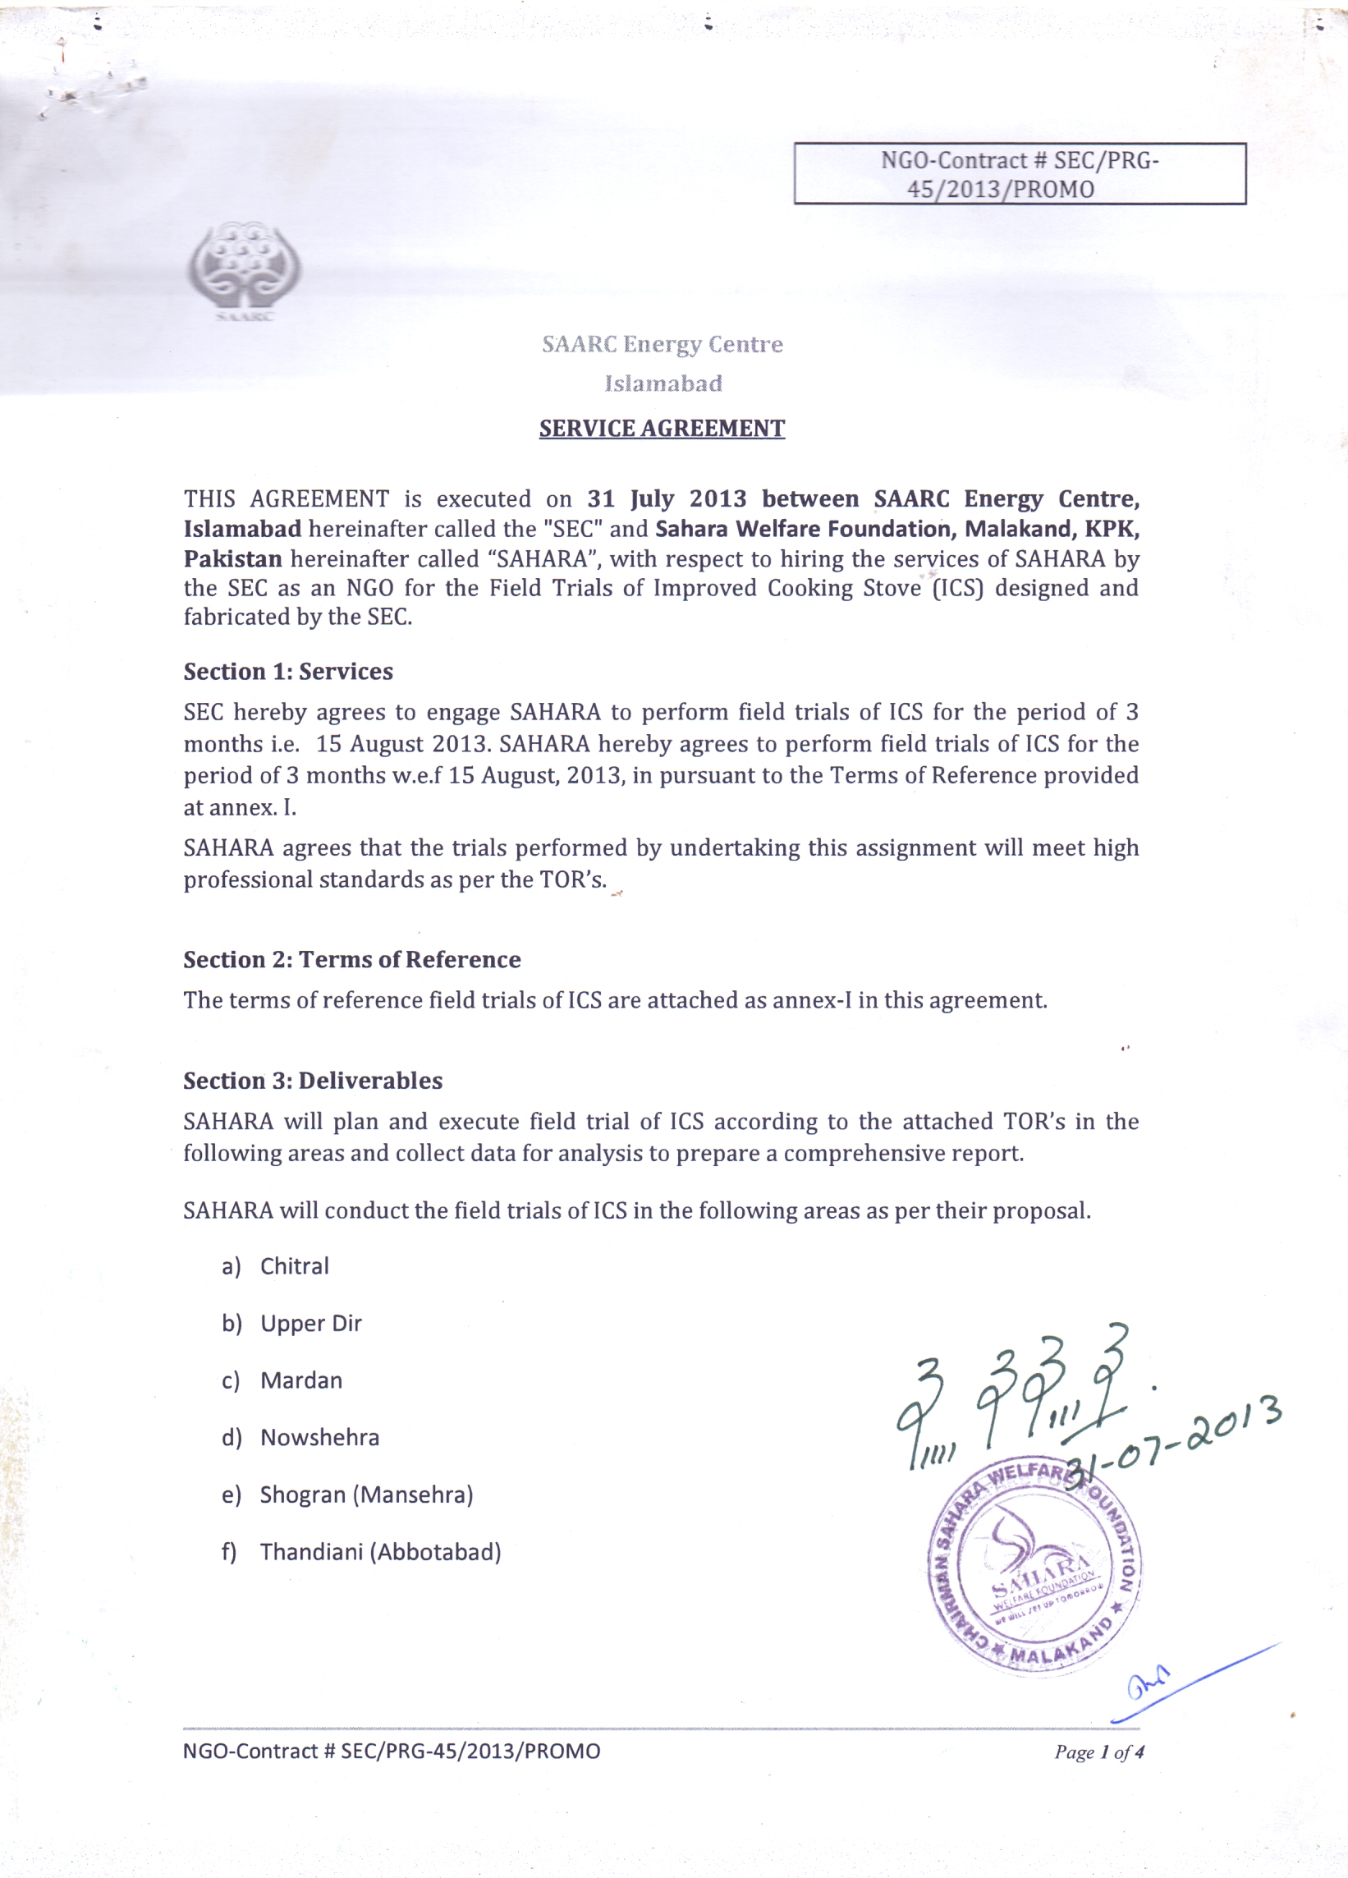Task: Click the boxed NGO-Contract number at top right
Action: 1020,174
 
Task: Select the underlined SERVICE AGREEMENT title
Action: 662,428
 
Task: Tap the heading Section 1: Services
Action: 288,671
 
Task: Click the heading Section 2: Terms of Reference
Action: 352,959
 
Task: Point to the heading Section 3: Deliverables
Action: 313,1081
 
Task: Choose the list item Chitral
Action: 294,1266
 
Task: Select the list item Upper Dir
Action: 310,1323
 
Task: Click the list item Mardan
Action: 300,1380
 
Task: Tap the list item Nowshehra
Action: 319,1438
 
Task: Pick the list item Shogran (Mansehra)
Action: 366,1495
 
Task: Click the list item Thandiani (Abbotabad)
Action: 380,1552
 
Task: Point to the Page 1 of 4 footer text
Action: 1098,1752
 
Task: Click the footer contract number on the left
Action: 392,1752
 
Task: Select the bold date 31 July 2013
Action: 667,498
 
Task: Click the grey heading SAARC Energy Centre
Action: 663,343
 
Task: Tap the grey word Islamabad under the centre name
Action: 663,383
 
